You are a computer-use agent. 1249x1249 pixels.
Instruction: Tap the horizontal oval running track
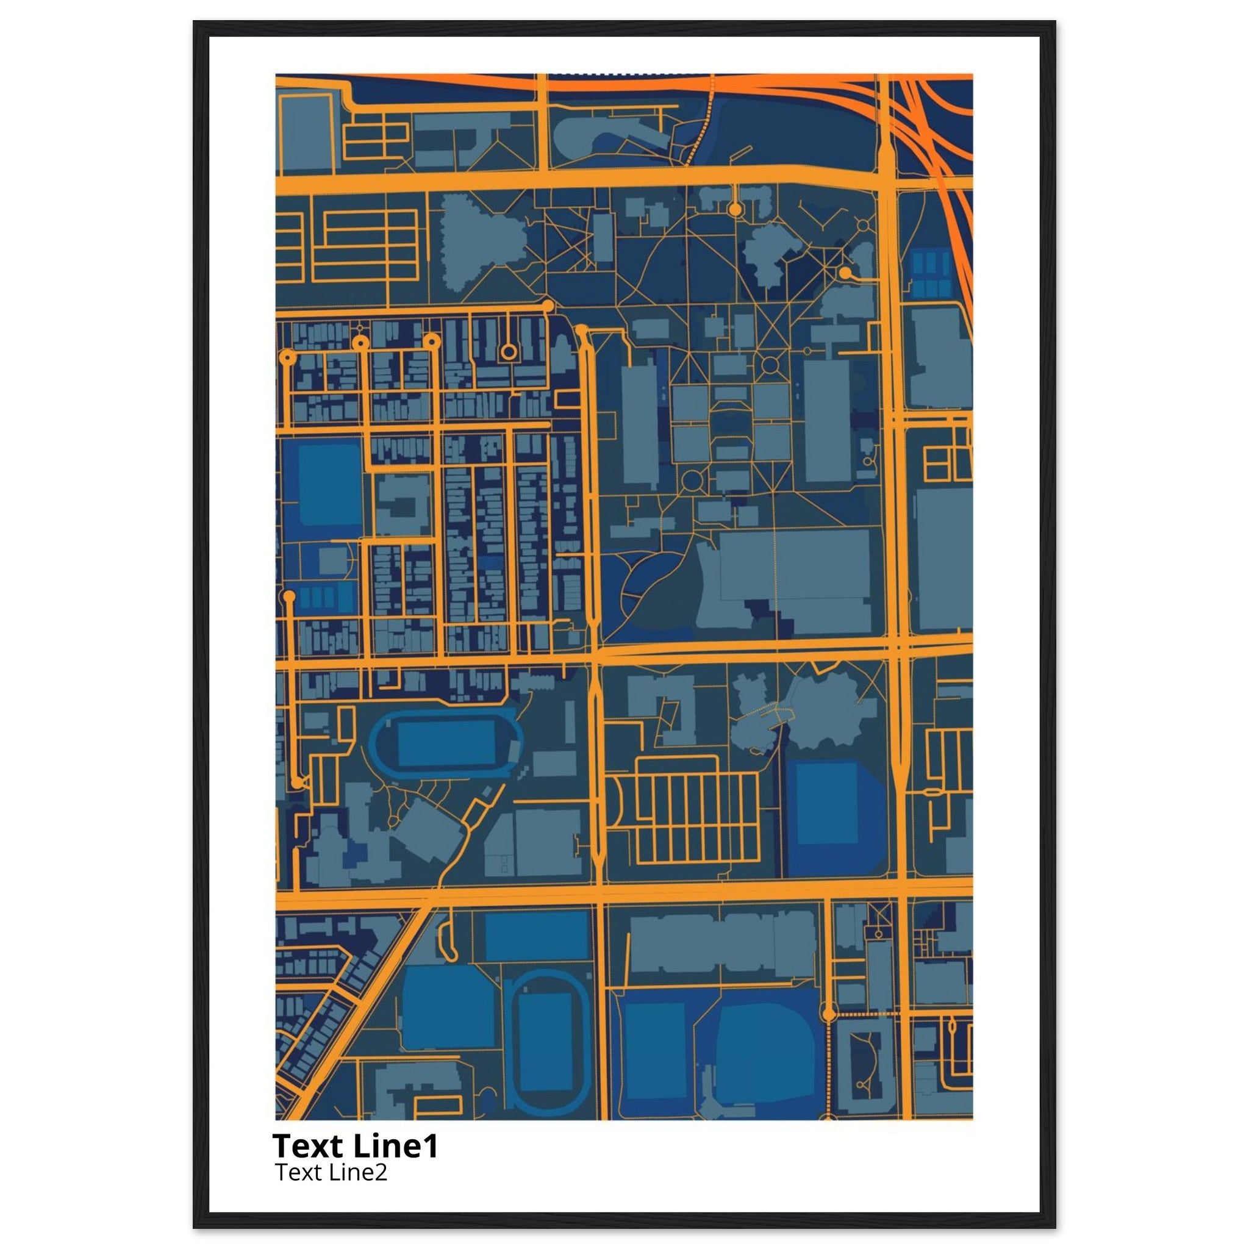click(446, 744)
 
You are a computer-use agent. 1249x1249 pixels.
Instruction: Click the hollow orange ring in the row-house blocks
click(509, 352)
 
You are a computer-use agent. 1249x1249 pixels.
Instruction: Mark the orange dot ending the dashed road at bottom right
click(829, 1014)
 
